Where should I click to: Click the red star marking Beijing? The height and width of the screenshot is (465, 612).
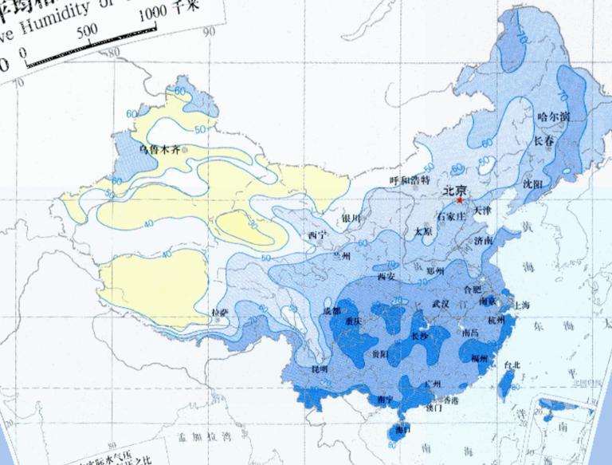[x=461, y=200]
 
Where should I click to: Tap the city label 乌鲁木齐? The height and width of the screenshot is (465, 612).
[x=159, y=149]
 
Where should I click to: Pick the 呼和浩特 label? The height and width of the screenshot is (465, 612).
[x=410, y=181]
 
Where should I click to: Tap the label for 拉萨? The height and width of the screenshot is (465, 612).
[x=221, y=313]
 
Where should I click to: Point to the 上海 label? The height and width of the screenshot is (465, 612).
[x=523, y=305]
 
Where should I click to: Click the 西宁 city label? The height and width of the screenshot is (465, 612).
[x=316, y=236]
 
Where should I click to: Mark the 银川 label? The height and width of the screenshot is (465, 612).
[x=351, y=218]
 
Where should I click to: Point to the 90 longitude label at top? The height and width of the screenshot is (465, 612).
[x=210, y=33]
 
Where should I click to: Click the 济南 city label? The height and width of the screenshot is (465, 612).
[x=482, y=241]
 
